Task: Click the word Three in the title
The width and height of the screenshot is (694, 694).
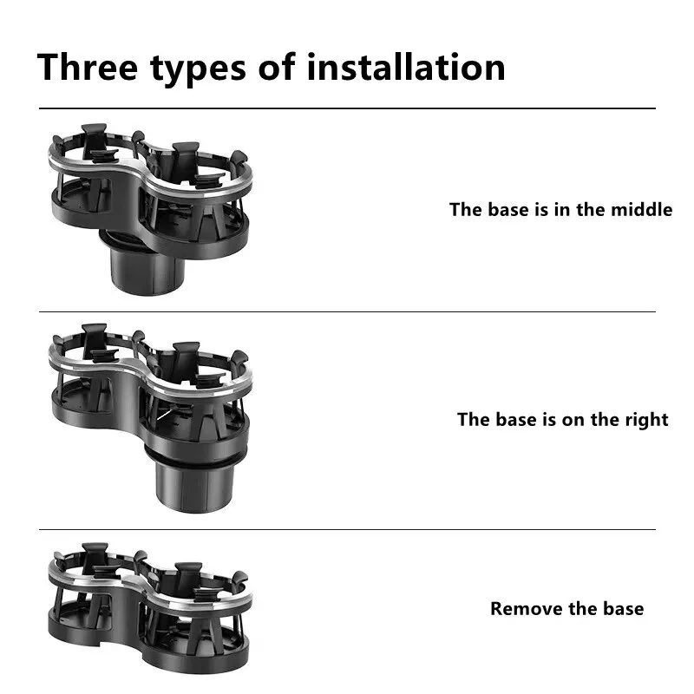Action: pyautogui.click(x=88, y=67)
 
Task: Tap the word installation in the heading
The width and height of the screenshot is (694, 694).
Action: pyautogui.click(x=406, y=67)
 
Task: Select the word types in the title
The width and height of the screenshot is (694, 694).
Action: pyautogui.click(x=198, y=69)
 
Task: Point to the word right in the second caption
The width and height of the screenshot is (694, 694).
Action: pyautogui.click(x=646, y=420)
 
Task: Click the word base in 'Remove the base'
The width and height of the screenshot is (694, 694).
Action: pyautogui.click(x=623, y=609)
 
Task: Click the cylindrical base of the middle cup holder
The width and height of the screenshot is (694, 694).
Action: pyautogui.click(x=193, y=481)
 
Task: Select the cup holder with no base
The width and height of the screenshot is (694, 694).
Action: pyautogui.click(x=149, y=608)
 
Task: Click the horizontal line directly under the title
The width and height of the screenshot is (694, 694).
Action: pyautogui.click(x=347, y=108)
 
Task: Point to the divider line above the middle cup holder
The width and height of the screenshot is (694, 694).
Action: pyautogui.click(x=347, y=311)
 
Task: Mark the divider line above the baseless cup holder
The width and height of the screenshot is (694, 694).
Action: pyautogui.click(x=347, y=529)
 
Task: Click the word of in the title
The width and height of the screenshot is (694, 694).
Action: pyautogui.click(x=277, y=67)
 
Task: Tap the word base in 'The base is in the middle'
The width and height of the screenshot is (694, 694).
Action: pyautogui.click(x=508, y=209)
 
